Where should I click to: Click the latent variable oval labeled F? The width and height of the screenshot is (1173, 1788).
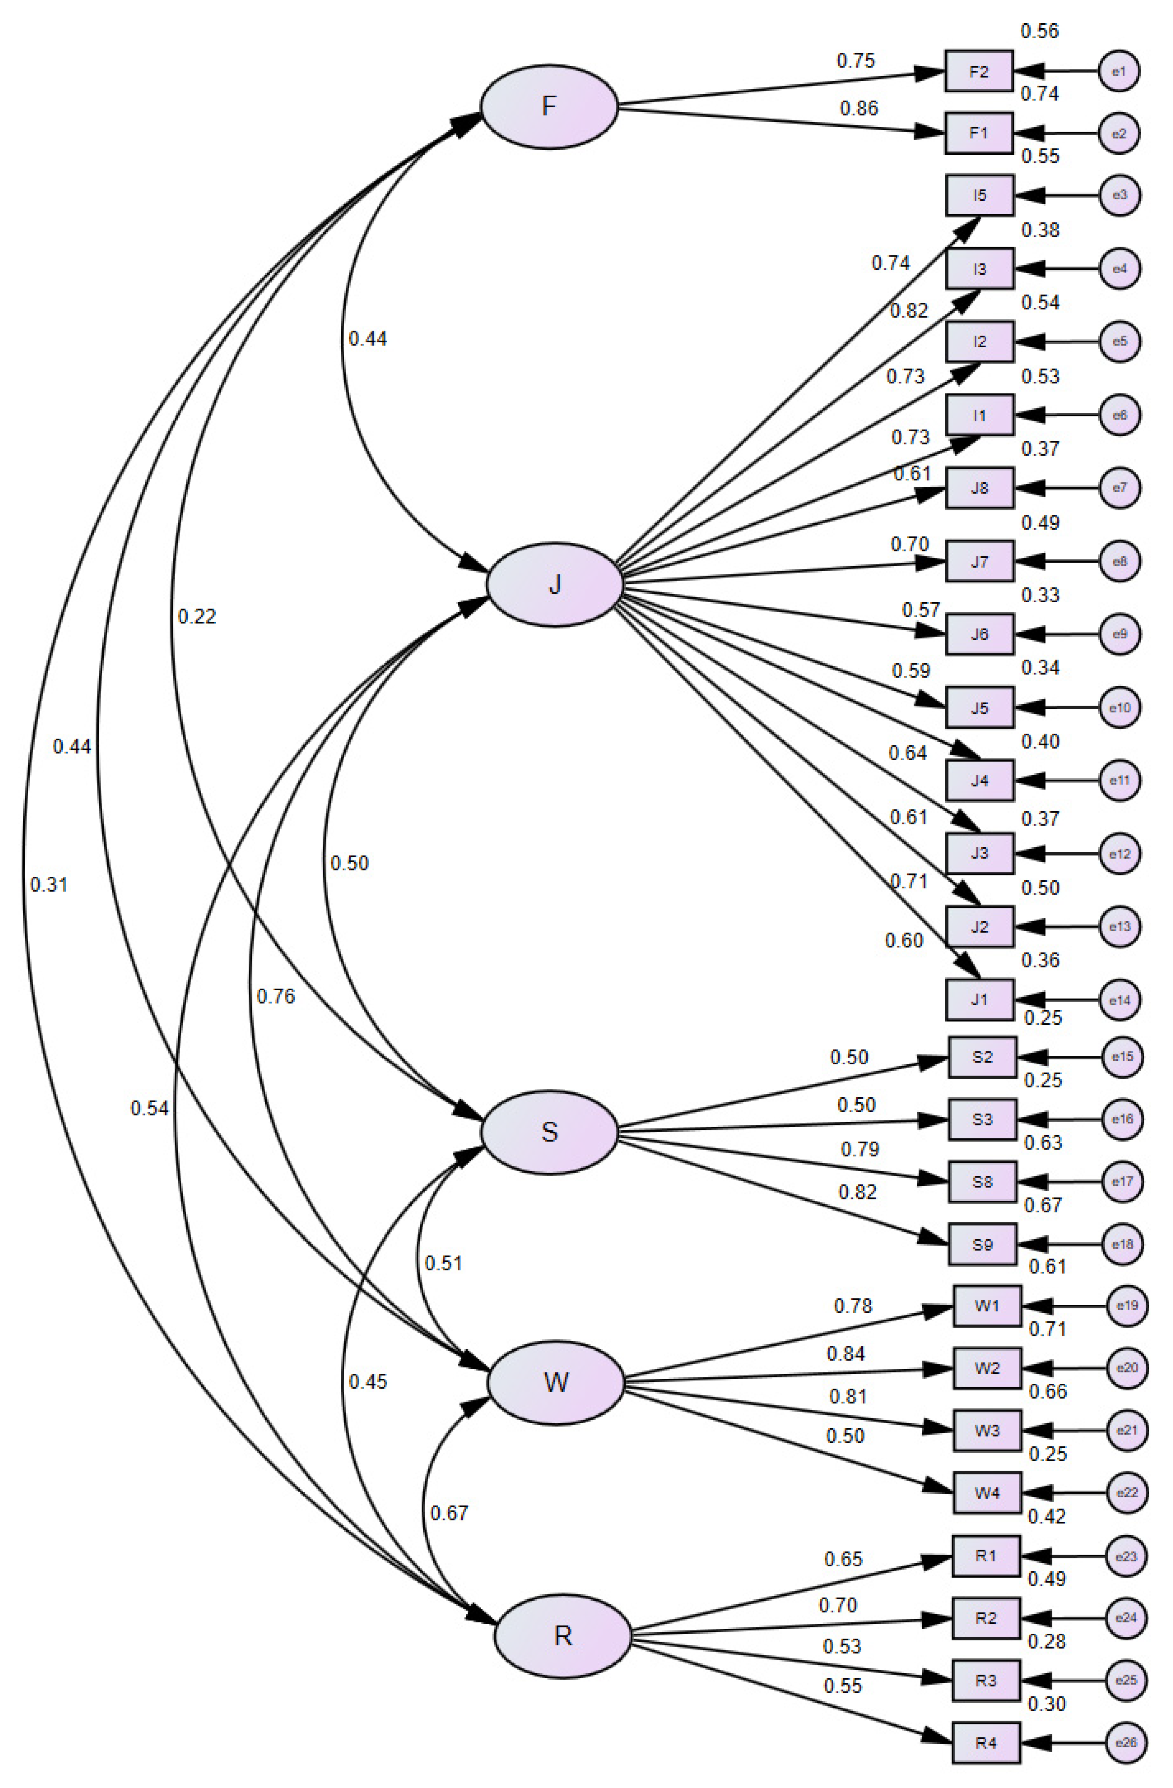(x=549, y=106)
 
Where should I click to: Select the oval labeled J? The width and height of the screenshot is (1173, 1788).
(x=555, y=584)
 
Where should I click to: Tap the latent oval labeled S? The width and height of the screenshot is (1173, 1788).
(x=549, y=1131)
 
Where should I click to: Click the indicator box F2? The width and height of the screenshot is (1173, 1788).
(x=978, y=72)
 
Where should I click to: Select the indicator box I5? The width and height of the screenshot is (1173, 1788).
(x=979, y=195)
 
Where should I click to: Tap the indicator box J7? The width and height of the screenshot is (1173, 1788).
(x=979, y=561)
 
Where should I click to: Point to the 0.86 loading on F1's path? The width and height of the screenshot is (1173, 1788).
(x=858, y=109)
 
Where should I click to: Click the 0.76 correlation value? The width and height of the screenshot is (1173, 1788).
(x=276, y=996)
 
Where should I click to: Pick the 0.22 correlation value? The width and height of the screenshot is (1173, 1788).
(x=197, y=617)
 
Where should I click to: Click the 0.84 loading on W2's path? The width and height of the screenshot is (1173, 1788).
(x=846, y=1354)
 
